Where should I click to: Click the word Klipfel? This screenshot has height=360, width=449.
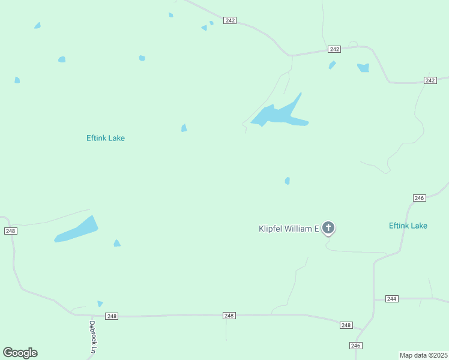[x=271, y=229]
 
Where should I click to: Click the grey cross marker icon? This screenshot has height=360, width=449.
[x=328, y=227]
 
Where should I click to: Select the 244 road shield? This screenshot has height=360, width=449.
[x=392, y=299]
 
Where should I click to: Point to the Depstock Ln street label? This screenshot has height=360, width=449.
[x=92, y=337]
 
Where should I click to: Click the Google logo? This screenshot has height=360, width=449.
[x=20, y=353]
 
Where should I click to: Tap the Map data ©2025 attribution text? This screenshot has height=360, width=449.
[x=424, y=355]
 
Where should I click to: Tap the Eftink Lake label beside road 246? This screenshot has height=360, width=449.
[x=408, y=226]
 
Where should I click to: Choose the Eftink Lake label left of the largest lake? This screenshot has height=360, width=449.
[x=106, y=138]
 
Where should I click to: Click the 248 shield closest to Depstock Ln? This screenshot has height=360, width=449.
[x=111, y=316]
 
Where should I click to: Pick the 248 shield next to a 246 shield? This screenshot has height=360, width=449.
[x=346, y=325]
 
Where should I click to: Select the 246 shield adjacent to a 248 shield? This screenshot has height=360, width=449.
[x=356, y=345]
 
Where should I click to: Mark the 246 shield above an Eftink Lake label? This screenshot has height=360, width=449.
[x=420, y=198]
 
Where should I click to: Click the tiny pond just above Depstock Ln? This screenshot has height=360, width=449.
[x=100, y=304]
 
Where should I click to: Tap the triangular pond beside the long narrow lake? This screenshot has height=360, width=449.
[x=117, y=243]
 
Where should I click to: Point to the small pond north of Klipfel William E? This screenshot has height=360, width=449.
[x=288, y=181]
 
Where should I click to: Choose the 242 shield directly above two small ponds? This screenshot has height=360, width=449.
[x=334, y=49]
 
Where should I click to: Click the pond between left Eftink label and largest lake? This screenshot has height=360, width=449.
[x=184, y=128]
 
